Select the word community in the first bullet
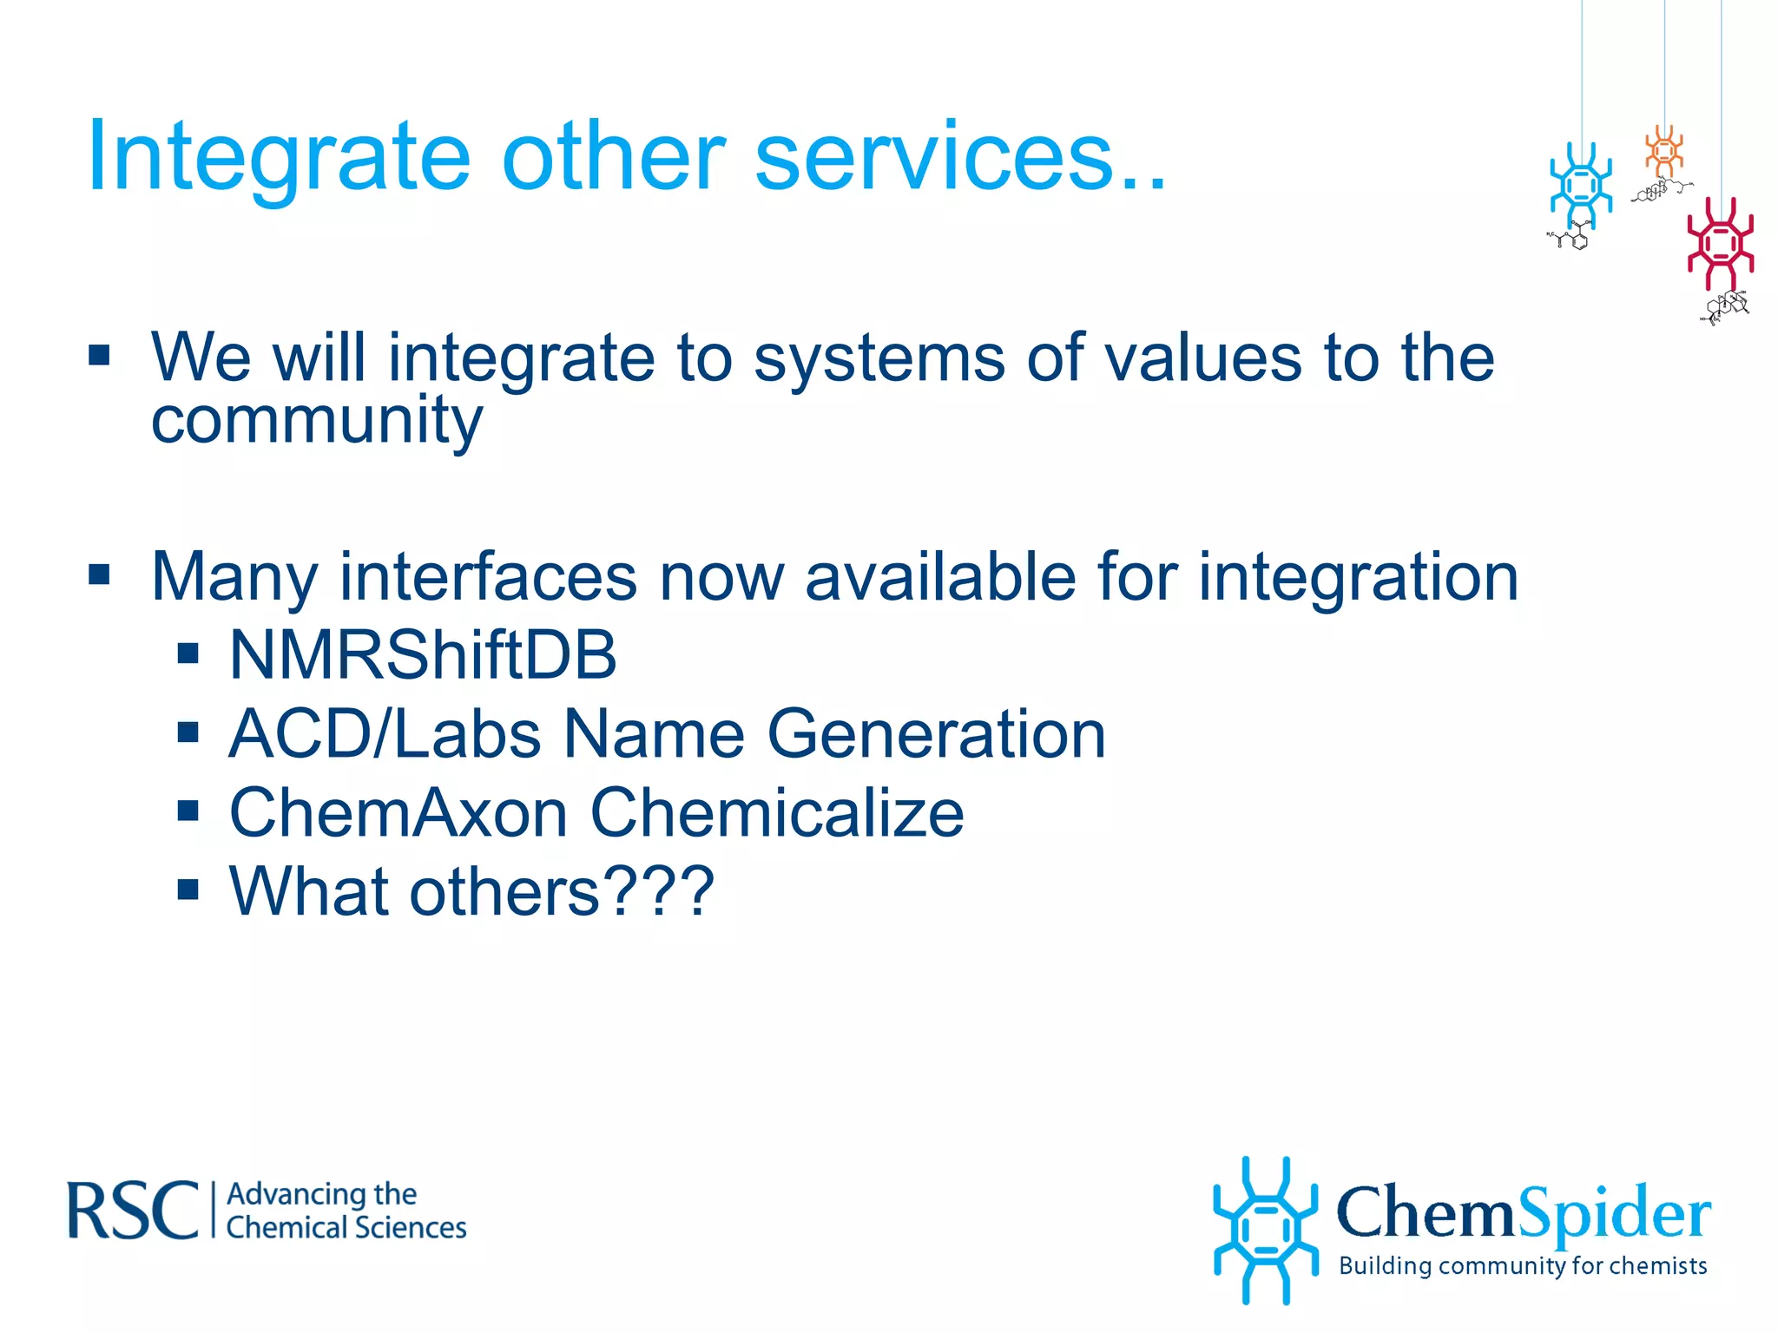click(317, 420)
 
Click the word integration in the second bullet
click(1359, 577)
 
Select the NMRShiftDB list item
click(423, 655)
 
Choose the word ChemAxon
click(398, 814)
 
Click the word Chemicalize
click(777, 814)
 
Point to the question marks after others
click(660, 892)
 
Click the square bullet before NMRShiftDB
click(188, 653)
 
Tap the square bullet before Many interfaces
click(100, 575)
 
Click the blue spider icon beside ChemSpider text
click(1265, 1230)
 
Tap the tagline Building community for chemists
click(1523, 1266)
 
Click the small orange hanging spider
click(1664, 152)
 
